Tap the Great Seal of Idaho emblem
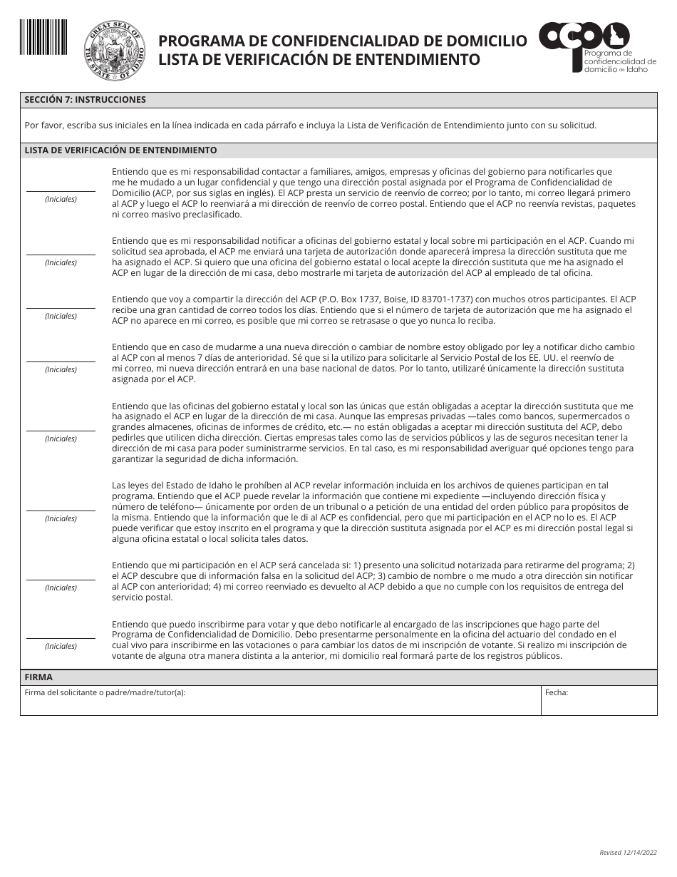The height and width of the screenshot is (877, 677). coord(114,51)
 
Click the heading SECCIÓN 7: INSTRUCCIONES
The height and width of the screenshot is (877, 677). coord(85,100)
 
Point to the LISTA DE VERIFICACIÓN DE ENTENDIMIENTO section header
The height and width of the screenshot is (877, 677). coord(120,150)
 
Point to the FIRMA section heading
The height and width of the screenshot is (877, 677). coord(38,677)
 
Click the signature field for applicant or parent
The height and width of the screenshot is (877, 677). coord(280,702)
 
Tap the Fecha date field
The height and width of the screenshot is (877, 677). coord(599,702)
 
